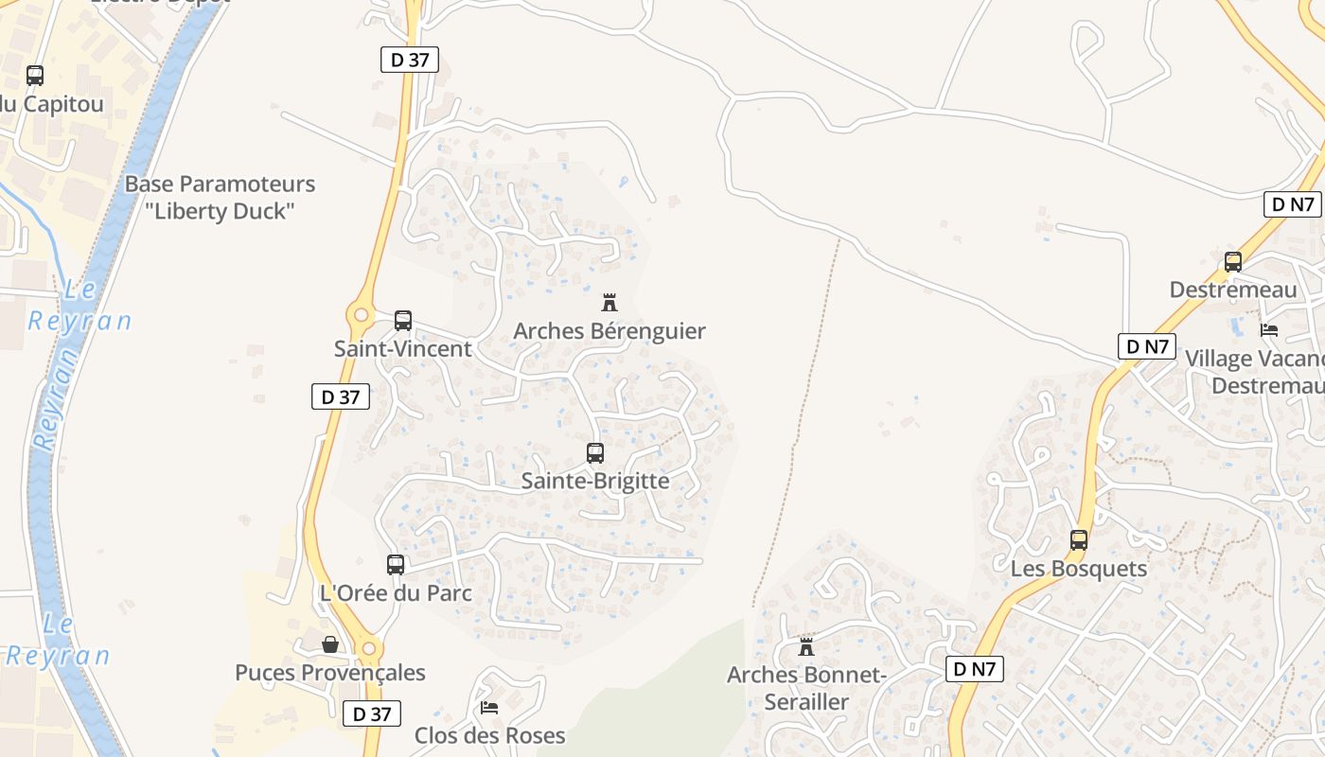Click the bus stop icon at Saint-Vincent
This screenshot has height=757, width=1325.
click(403, 321)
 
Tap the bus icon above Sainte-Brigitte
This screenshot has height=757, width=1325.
click(595, 453)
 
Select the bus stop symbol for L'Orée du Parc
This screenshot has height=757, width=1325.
click(396, 565)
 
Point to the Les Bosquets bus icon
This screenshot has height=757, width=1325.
click(1079, 540)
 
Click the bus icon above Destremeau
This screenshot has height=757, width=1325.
click(1233, 262)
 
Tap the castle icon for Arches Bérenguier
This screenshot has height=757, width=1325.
click(609, 303)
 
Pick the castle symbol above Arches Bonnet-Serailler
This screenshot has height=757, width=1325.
click(806, 647)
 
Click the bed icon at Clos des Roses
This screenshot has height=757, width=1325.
click(489, 707)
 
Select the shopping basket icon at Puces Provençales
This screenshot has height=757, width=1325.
click(330, 644)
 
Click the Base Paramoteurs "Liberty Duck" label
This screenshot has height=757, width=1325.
click(220, 197)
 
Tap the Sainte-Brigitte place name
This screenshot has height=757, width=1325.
click(595, 481)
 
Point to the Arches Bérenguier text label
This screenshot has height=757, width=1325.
click(609, 331)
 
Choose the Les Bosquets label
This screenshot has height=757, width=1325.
click(1079, 569)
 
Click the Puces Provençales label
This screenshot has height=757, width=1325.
click(330, 673)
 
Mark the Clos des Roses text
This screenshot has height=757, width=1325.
click(489, 735)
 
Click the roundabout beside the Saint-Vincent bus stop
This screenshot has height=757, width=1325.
click(360, 314)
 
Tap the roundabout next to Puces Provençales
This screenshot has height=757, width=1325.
click(368, 649)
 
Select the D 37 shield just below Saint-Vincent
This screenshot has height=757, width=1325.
click(341, 396)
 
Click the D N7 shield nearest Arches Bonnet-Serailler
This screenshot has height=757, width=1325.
click(975, 669)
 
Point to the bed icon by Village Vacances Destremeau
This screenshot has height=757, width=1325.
click(1269, 329)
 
